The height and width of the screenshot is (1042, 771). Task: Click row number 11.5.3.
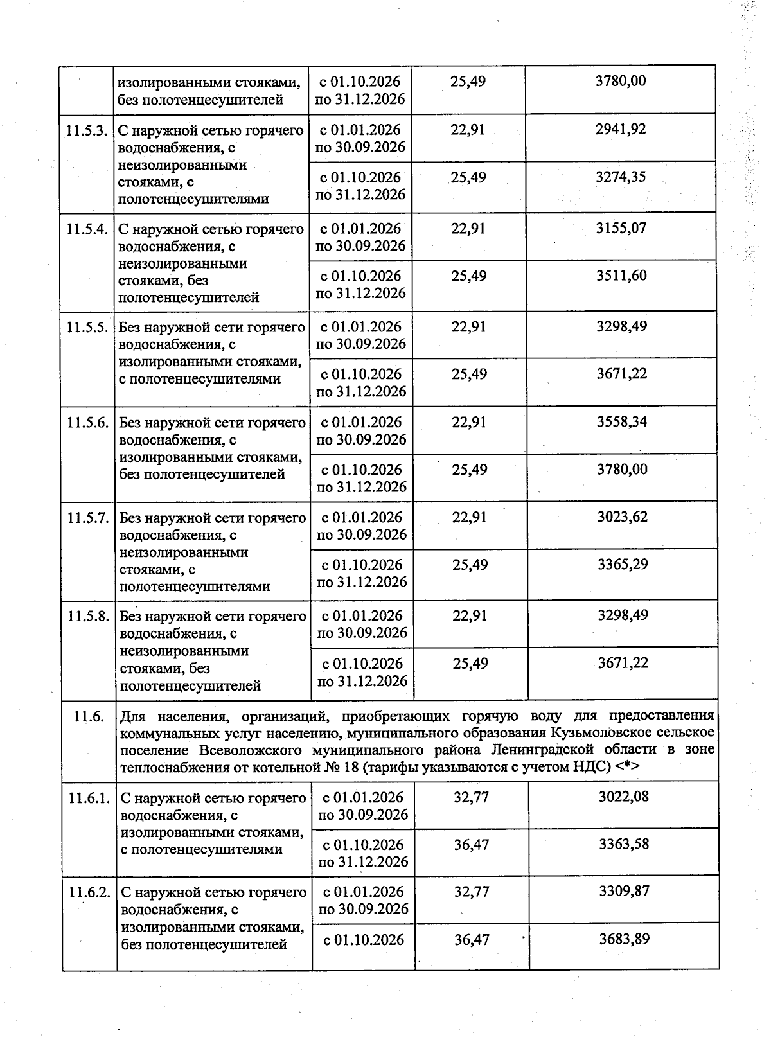coord(86,130)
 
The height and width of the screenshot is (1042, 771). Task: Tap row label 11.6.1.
coord(89,799)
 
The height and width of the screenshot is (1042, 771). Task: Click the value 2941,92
coord(621,129)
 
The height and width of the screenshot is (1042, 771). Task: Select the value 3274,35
coord(621,177)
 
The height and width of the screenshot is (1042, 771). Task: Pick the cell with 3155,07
coord(621,228)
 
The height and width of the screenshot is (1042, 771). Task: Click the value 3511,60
coord(621,276)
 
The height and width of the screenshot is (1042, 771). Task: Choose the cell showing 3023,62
coord(623,517)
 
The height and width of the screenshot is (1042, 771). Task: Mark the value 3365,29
coord(623,565)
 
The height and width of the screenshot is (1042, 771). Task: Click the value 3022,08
coord(624,797)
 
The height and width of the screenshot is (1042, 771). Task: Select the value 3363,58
coord(624,844)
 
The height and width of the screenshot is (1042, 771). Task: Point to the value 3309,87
coord(624,892)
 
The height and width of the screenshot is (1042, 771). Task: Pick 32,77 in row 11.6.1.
coord(472,797)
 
